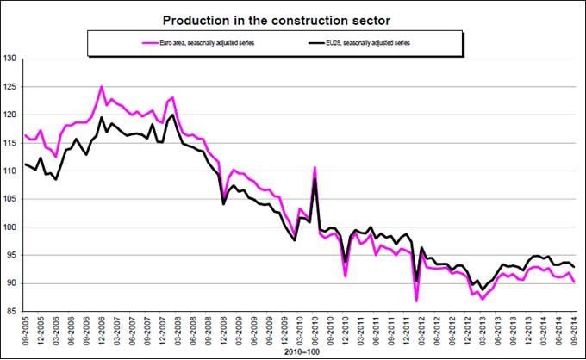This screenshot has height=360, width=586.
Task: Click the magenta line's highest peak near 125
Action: coord(102,86)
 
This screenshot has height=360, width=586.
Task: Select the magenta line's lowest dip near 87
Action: coord(416,300)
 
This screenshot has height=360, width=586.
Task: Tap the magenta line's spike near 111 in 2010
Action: coord(315,167)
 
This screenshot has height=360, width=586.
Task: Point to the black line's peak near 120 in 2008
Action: coord(173,115)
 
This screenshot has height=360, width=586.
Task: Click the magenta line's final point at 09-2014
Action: coord(574,282)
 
